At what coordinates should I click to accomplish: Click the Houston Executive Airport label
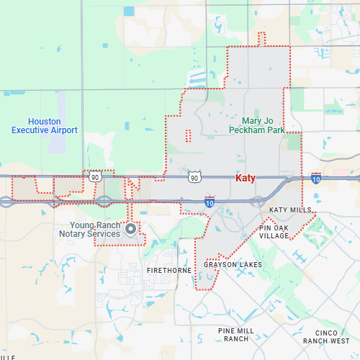(45, 125)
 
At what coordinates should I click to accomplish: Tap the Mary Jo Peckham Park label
(258, 125)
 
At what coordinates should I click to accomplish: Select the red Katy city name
(246, 178)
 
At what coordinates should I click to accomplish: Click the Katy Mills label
(291, 210)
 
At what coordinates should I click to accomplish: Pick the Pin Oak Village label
(274, 231)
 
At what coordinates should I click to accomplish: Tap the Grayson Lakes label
(233, 265)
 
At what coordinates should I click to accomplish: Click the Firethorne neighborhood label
(169, 270)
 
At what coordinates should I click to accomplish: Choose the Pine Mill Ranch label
(237, 334)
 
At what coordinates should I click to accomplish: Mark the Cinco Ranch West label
(326, 336)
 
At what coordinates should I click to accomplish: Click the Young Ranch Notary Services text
(100, 229)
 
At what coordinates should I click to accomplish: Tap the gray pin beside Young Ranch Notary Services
(130, 229)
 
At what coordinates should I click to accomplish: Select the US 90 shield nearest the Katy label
(194, 177)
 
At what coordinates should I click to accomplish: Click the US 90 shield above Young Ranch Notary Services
(96, 175)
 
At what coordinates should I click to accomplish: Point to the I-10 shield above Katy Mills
(316, 177)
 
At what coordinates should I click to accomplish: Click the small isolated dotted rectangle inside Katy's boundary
(188, 135)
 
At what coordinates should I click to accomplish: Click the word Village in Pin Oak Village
(274, 235)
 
